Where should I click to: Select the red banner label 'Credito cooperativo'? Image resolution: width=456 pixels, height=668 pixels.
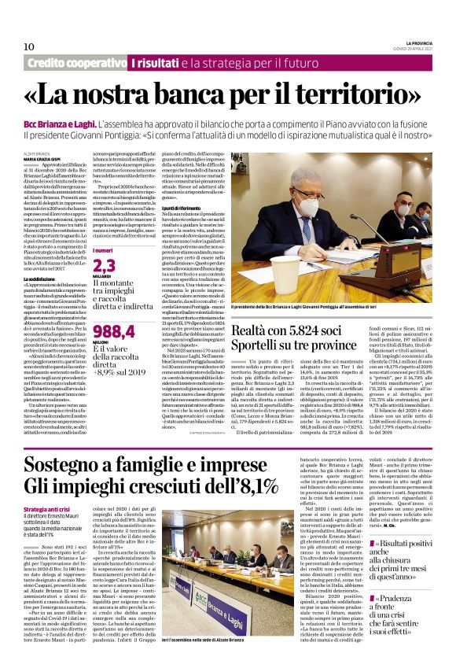(x=77, y=63)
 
